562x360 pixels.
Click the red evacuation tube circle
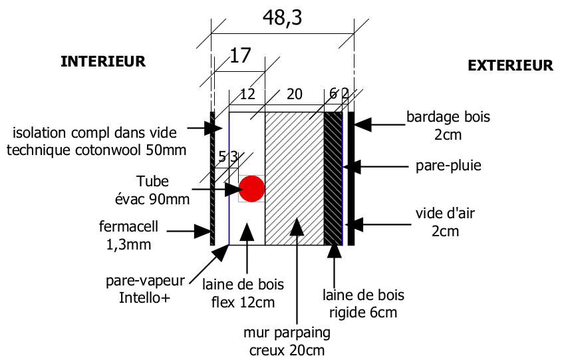(x=251, y=188)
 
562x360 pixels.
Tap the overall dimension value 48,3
(x=283, y=19)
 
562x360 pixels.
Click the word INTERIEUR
(x=103, y=62)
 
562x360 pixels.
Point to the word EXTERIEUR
(x=510, y=65)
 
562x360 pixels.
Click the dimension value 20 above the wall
(x=294, y=94)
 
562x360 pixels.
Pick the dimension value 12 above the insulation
(x=247, y=94)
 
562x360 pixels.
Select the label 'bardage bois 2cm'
(x=448, y=126)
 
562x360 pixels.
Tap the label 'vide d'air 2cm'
(x=448, y=222)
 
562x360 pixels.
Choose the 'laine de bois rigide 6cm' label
(x=363, y=302)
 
